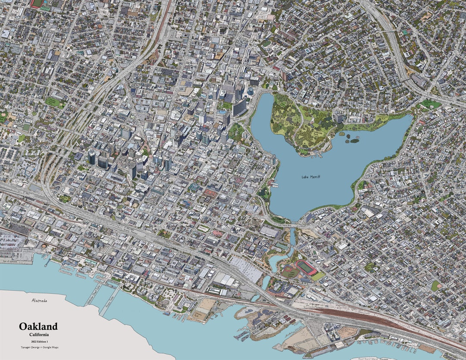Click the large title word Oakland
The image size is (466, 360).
tap(38, 326)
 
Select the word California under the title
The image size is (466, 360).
tap(39, 335)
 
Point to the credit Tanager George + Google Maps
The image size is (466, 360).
tap(39, 347)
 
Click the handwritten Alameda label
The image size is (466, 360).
tap(39, 301)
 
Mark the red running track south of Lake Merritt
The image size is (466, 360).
tap(305, 267)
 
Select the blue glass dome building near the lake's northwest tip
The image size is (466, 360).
tap(250, 91)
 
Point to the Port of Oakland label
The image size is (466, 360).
tap(9, 262)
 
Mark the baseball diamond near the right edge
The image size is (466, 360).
tap(436, 285)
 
